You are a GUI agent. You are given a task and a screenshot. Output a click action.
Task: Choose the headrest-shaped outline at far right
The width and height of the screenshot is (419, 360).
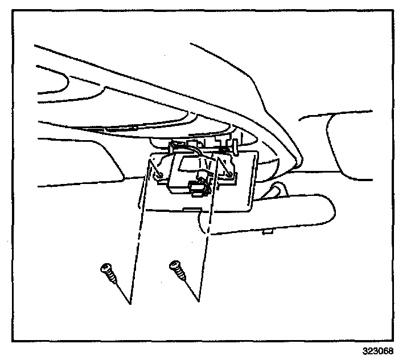pos(364,142)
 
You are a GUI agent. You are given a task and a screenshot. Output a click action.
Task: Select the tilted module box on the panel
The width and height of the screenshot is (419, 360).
pos(182,171)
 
